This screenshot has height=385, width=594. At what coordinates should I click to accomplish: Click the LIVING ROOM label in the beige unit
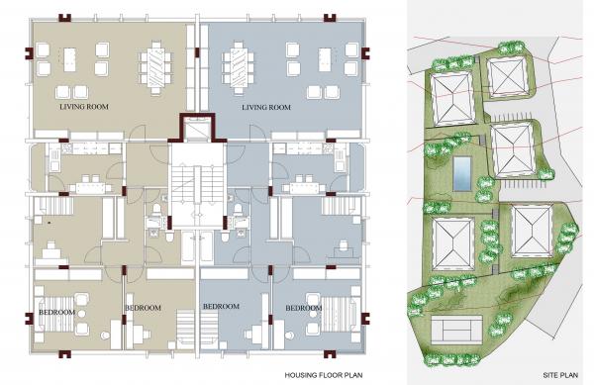click(84, 107)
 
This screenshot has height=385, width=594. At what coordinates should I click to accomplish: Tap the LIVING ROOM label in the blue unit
click(266, 108)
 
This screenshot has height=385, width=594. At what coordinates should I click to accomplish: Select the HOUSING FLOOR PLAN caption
click(324, 375)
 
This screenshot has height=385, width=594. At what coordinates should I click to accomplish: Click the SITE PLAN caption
click(560, 375)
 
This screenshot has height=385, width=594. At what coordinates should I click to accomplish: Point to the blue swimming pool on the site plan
click(462, 174)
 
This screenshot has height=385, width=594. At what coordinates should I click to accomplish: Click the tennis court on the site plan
click(456, 331)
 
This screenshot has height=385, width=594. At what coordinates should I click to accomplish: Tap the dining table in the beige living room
click(155, 67)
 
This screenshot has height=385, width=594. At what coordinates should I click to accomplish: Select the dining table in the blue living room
click(238, 67)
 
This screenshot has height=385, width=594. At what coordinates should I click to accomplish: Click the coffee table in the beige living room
click(69, 59)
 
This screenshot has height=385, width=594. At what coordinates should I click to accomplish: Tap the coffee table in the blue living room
click(325, 59)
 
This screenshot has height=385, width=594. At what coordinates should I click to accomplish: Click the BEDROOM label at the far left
click(56, 313)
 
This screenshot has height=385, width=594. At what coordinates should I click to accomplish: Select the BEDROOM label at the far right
click(304, 308)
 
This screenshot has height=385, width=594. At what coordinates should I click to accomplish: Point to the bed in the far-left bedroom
click(56, 314)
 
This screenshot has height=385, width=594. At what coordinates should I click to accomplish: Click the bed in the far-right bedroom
click(340, 314)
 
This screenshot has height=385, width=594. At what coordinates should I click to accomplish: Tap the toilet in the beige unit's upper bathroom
click(156, 210)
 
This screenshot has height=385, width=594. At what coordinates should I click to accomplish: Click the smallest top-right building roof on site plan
click(507, 76)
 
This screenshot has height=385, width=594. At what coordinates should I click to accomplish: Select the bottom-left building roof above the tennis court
click(453, 244)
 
